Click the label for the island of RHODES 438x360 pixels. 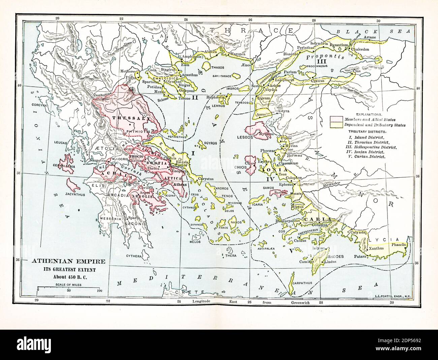coord(335,256)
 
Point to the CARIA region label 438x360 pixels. coord(315,219)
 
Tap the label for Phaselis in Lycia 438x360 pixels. coord(399,244)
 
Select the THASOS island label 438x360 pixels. coord(217,67)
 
